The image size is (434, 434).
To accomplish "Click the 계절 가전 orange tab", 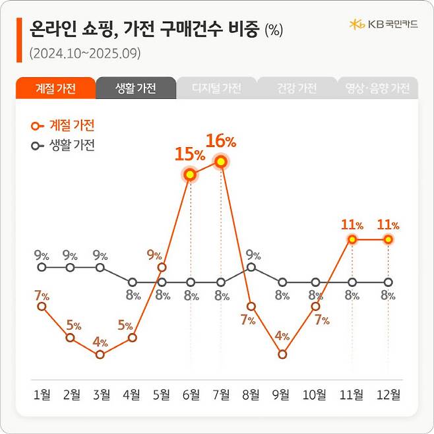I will (x=55, y=88).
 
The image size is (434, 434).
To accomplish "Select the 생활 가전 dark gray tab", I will (x=135, y=88).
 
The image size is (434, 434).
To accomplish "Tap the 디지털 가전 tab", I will (x=216, y=88).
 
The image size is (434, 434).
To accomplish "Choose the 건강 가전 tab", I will (x=297, y=88).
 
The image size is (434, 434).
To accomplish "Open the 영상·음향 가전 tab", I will (x=377, y=88).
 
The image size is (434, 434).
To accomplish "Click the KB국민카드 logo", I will (x=383, y=24).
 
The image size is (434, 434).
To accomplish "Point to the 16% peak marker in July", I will (x=221, y=162).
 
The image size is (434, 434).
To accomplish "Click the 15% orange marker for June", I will (x=190, y=175).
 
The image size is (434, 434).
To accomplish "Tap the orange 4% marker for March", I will (x=100, y=354).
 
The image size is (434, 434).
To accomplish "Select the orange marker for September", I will (x=282, y=354).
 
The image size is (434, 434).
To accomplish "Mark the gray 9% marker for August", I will (x=251, y=267).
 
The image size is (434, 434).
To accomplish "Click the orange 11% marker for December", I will (x=388, y=239).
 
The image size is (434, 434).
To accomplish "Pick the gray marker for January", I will (x=42, y=267).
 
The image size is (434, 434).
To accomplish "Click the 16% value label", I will (x=220, y=141).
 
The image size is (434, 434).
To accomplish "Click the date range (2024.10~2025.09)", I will (x=86, y=53).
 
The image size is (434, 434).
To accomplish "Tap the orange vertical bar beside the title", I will (x=18, y=40).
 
